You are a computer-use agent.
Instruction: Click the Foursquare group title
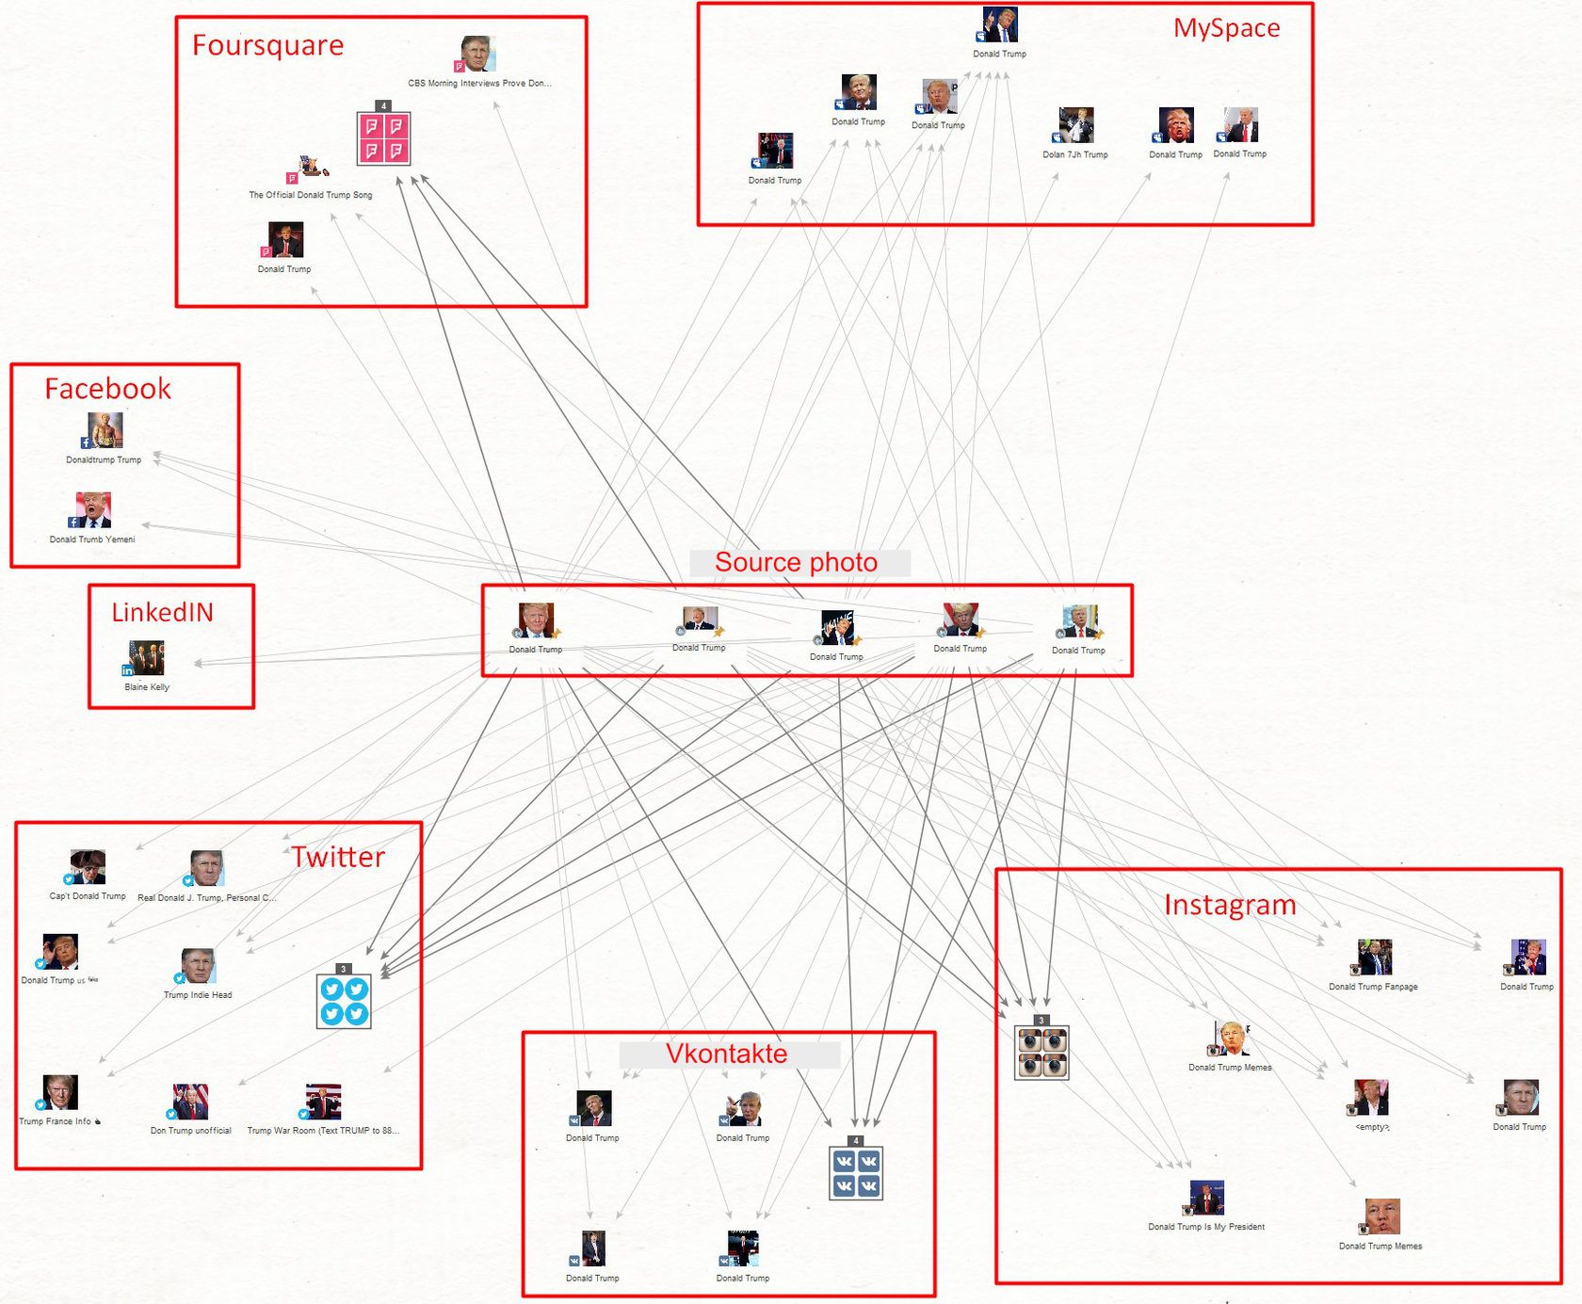tap(268, 45)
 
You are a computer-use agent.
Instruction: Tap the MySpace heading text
tap(1226, 28)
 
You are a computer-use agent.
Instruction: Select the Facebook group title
tap(108, 389)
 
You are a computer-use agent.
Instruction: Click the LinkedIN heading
tap(163, 612)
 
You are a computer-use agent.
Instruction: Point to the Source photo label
tap(796, 562)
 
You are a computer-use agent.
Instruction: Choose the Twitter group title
tap(338, 857)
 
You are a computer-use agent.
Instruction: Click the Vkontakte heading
tap(727, 1054)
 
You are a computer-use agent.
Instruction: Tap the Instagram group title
tap(1230, 905)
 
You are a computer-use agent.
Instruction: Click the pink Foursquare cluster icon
tap(383, 138)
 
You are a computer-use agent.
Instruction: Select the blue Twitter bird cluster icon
tap(344, 1001)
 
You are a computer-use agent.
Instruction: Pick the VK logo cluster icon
tap(856, 1173)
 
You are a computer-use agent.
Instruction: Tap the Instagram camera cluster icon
tap(1041, 1052)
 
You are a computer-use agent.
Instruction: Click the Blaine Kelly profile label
tap(147, 687)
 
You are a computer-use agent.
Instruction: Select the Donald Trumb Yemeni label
tap(92, 539)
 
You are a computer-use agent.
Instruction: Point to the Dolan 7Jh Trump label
tap(1075, 154)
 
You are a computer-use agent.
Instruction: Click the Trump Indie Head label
tap(198, 995)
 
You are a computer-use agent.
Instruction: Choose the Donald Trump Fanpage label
tap(1373, 987)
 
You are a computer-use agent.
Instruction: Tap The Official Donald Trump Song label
tap(311, 195)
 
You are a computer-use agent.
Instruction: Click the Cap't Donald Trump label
tap(88, 896)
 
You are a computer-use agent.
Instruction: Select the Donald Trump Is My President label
tap(1206, 1227)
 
